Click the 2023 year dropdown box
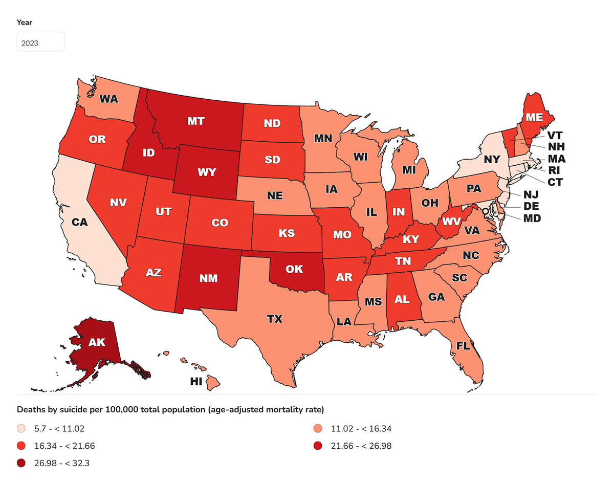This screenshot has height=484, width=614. pyautogui.click(x=41, y=42)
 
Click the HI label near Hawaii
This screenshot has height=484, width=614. pyautogui.click(x=196, y=382)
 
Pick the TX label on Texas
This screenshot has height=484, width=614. pyautogui.click(x=275, y=319)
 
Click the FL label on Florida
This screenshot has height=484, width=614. pyautogui.click(x=463, y=345)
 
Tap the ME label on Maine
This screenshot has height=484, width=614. pyautogui.click(x=534, y=117)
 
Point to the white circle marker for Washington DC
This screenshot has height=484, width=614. pyautogui.click(x=485, y=211)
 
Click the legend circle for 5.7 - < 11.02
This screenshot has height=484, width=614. pyautogui.click(x=21, y=429)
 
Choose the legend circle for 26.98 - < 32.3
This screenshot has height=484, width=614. pyautogui.click(x=21, y=464)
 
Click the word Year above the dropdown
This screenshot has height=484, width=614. pyautogui.click(x=25, y=22)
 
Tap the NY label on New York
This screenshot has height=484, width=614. pyautogui.click(x=491, y=159)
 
